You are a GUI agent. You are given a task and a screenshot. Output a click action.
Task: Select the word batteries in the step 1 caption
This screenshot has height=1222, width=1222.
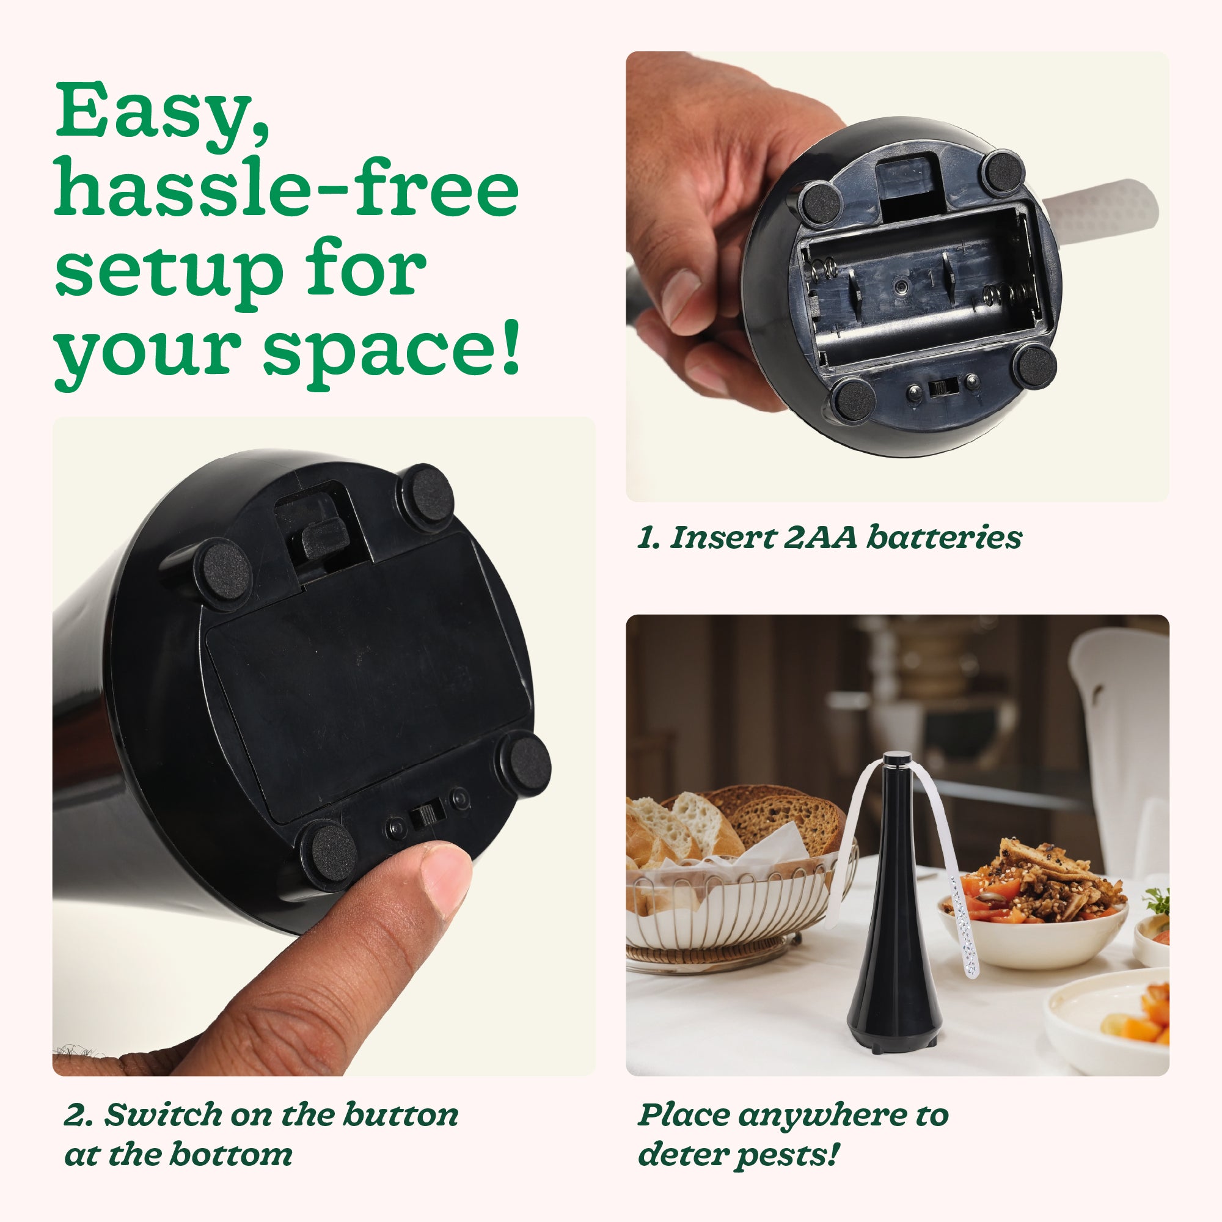(x=944, y=538)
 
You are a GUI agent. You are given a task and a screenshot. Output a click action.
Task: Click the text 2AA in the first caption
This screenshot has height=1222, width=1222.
(x=820, y=538)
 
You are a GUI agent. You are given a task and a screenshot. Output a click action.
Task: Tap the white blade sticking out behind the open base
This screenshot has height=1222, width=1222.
(x=1101, y=205)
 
